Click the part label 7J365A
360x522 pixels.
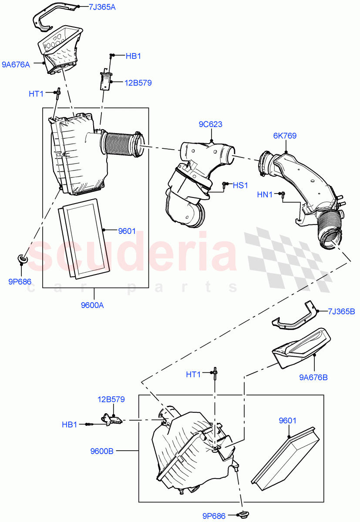pos(102,7)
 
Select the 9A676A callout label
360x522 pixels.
pos(16,65)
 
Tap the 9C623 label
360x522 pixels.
pos(210,124)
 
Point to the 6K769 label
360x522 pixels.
pos(285,136)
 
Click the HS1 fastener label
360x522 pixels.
pos(240,185)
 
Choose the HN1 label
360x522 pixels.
pos(265,195)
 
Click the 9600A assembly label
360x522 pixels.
pos(92,305)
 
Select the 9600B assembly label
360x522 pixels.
pos(102,451)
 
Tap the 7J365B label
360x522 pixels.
pos(341,311)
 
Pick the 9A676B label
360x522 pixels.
pos(313,377)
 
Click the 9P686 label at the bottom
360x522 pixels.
pos(213,516)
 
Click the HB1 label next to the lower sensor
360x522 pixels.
pos(69,425)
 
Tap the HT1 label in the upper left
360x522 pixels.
pos(36,94)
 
